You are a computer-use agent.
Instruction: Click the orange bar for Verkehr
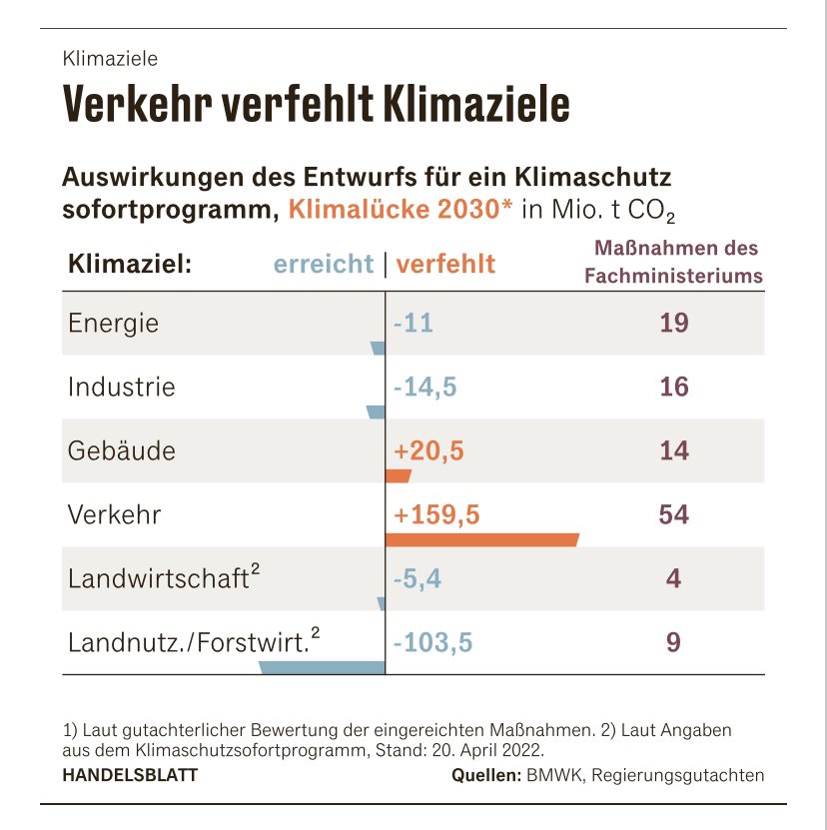481,540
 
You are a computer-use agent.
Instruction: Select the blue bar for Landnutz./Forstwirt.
322,667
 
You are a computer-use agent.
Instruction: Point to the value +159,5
437,514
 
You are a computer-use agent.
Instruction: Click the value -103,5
432,642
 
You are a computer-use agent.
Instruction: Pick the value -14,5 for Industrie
424,387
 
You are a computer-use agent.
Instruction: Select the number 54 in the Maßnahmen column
673,514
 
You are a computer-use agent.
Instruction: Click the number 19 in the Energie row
673,323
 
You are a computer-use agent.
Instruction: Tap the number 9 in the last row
673,642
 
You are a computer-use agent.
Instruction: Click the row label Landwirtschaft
158,578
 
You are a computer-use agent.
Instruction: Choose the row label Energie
113,324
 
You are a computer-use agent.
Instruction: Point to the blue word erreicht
324,264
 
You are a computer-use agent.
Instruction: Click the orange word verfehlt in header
445,264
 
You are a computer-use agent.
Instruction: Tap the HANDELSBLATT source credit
130,775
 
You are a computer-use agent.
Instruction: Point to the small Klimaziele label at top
110,60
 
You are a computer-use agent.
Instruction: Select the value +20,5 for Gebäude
428,450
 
